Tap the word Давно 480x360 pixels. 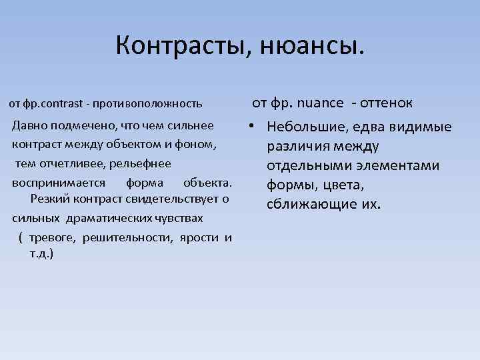point(30,125)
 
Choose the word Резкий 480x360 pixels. point(50,199)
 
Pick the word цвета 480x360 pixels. point(345,185)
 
